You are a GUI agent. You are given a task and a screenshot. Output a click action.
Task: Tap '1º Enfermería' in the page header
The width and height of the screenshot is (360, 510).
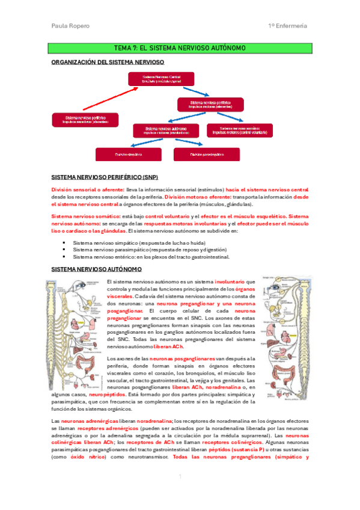[x=288, y=26]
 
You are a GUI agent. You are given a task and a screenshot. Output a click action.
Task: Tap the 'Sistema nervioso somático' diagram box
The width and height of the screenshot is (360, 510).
[x=239, y=129]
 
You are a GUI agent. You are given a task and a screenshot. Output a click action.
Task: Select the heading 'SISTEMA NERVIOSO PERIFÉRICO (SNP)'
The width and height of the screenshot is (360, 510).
[x=106, y=178]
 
